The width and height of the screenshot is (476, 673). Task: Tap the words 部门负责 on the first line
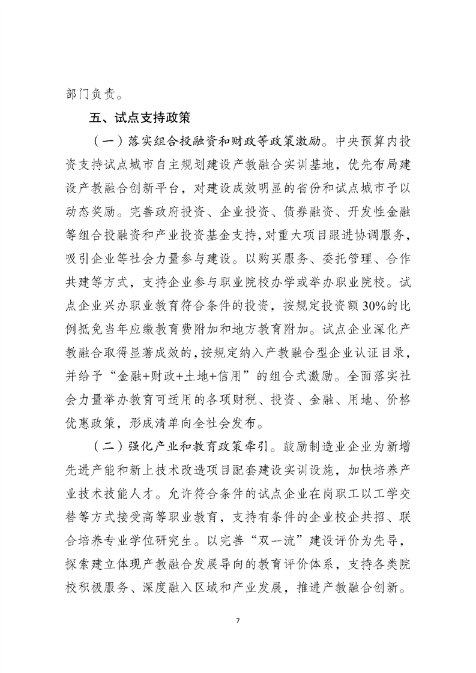coord(88,94)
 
